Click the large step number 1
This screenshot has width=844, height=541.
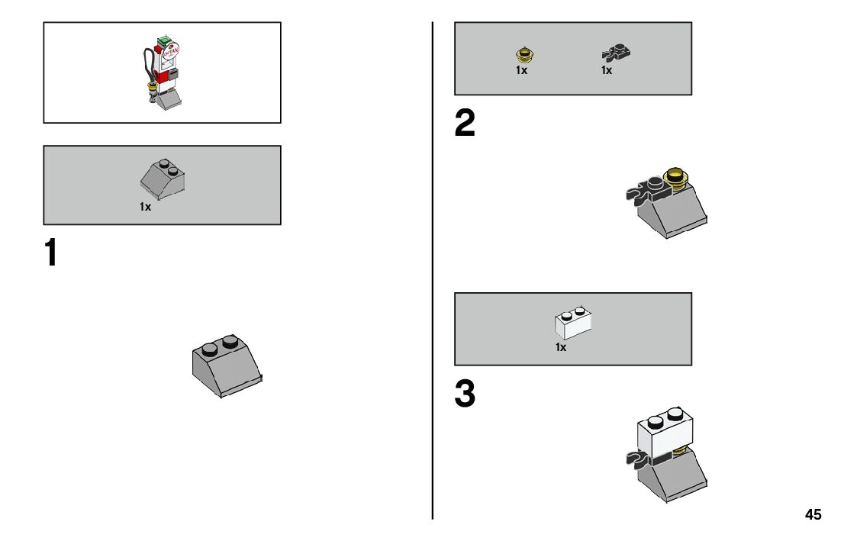pyautogui.click(x=51, y=253)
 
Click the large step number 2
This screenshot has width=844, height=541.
pyautogui.click(x=465, y=124)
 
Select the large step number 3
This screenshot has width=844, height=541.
pyautogui.click(x=465, y=394)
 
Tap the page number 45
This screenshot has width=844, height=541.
pyautogui.click(x=813, y=515)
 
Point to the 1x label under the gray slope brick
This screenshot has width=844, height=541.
pyautogui.click(x=145, y=207)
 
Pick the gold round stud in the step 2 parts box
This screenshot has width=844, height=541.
pyautogui.click(x=523, y=54)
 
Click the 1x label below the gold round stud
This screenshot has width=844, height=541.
pyautogui.click(x=521, y=70)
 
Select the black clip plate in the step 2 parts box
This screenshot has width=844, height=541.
pyautogui.click(x=609, y=53)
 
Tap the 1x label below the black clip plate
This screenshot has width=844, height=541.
pyautogui.click(x=607, y=70)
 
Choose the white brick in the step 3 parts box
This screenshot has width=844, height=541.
pyautogui.click(x=573, y=323)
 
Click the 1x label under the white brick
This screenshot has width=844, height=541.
pyautogui.click(x=561, y=347)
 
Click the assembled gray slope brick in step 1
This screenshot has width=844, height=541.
pyautogui.click(x=227, y=367)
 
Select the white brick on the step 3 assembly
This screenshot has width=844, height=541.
pyautogui.click(x=663, y=433)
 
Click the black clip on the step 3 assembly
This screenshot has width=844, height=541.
pyautogui.click(x=636, y=459)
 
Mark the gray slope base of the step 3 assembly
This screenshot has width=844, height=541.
pyautogui.click(x=675, y=477)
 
